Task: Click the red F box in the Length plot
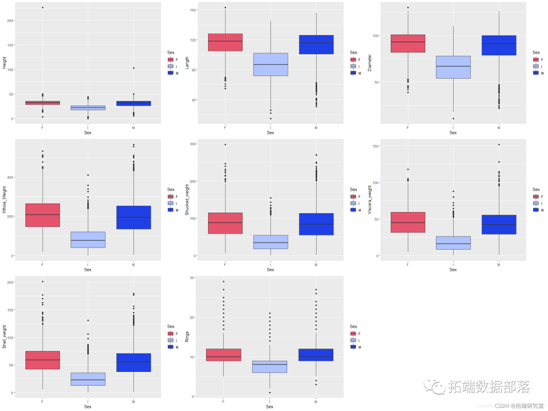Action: click(x=225, y=42)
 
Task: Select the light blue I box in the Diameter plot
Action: click(x=453, y=67)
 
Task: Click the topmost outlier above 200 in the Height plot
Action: click(x=43, y=8)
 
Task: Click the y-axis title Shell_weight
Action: click(x=5, y=337)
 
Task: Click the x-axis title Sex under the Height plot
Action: click(x=88, y=133)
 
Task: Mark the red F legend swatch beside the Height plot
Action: click(x=170, y=60)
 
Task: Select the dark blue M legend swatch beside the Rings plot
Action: click(x=353, y=347)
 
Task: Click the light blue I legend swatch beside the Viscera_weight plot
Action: click(x=536, y=203)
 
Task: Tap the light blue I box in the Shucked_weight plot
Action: click(x=270, y=242)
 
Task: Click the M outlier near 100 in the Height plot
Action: click(x=133, y=68)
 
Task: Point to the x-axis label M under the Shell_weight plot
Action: click(x=133, y=401)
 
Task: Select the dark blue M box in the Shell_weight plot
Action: click(x=133, y=362)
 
